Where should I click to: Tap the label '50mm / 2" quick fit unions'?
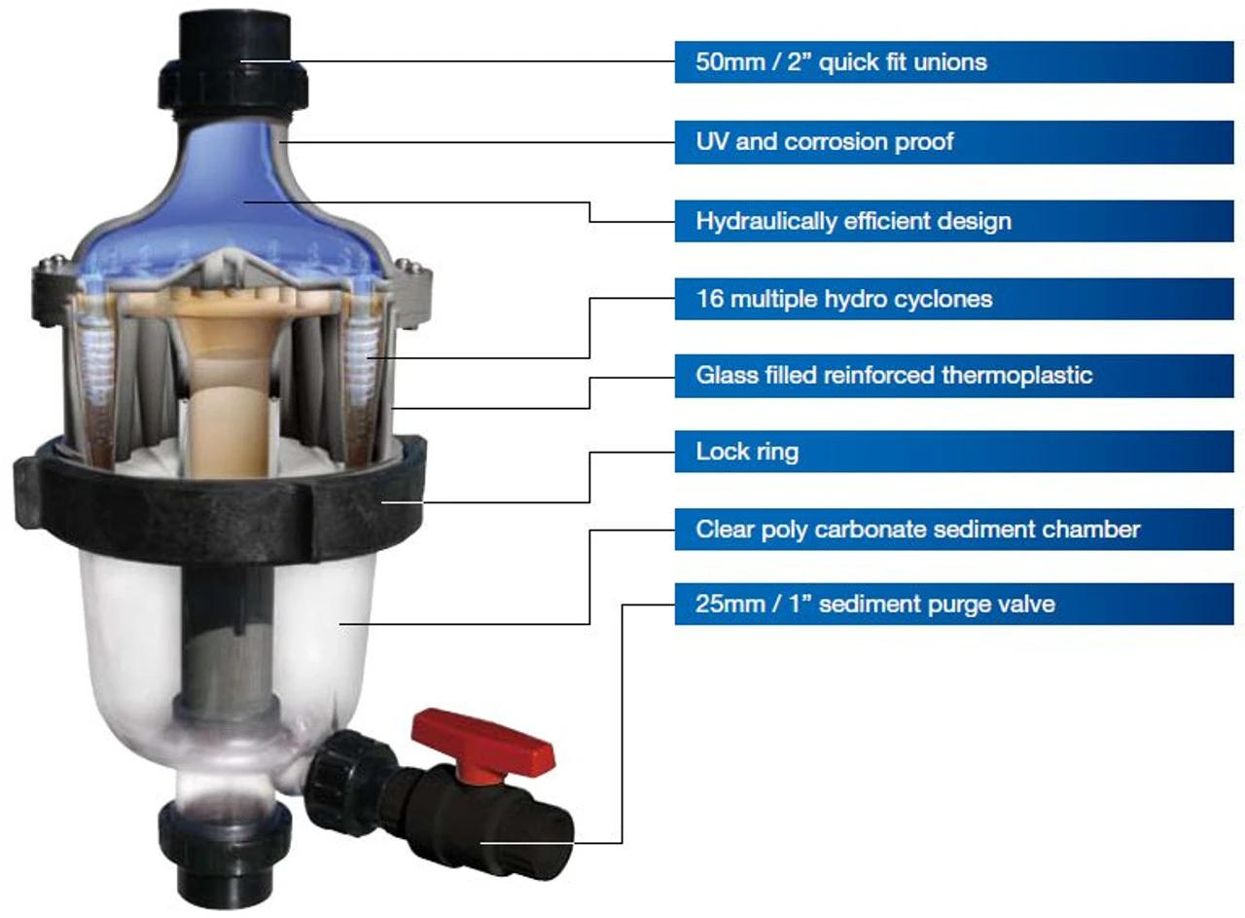tap(841, 61)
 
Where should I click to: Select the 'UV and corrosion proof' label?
tap(825, 142)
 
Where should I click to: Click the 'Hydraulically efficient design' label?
tap(854, 221)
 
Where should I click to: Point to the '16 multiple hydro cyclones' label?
tap(844, 299)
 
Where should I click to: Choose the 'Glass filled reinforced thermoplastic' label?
tap(894, 376)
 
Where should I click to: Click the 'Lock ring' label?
tap(747, 452)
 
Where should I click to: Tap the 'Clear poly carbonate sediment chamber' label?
tap(917, 530)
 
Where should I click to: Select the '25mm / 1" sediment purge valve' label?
tap(874, 605)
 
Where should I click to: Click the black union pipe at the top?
tap(234, 61)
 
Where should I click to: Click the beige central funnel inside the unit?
tap(228, 379)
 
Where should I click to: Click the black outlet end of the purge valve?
tap(528, 843)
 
